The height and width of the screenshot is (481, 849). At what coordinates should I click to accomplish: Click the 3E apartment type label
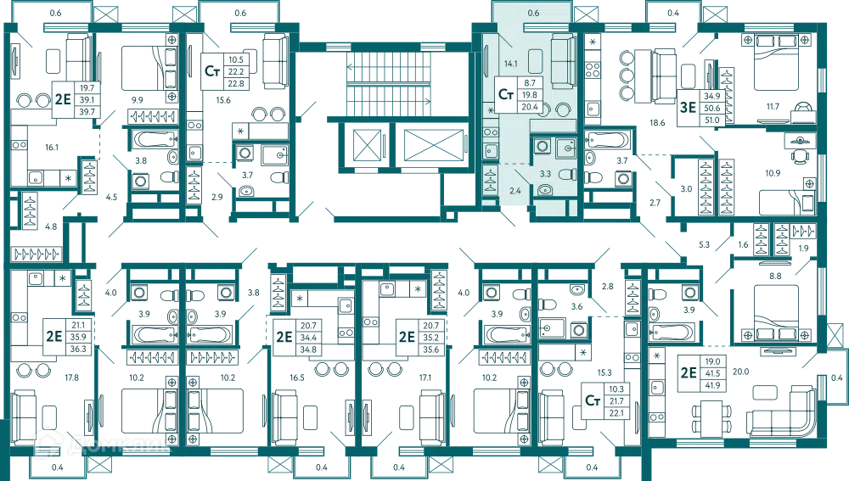(x=688, y=107)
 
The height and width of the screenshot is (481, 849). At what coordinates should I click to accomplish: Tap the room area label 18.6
(x=657, y=123)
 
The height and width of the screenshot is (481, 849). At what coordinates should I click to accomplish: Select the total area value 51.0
(x=712, y=120)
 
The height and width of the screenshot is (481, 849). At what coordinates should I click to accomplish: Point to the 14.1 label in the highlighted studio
(x=510, y=64)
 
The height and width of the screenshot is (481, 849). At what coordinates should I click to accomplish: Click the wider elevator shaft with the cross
(x=434, y=145)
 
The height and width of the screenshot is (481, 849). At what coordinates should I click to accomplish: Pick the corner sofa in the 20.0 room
(x=781, y=411)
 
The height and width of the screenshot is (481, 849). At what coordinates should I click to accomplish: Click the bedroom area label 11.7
(x=773, y=107)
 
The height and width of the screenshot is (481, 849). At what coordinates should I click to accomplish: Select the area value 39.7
(x=87, y=112)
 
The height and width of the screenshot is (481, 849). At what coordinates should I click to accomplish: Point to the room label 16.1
(x=52, y=147)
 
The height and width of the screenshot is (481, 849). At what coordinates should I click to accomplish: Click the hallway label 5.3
(x=704, y=244)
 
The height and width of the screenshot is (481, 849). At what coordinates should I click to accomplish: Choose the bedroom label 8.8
(x=775, y=276)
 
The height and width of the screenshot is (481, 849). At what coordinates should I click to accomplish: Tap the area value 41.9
(x=712, y=385)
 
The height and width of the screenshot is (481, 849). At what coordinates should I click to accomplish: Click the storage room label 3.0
(x=686, y=189)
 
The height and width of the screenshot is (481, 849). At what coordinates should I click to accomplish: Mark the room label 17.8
(x=72, y=378)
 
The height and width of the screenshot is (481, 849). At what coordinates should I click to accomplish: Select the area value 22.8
(x=236, y=83)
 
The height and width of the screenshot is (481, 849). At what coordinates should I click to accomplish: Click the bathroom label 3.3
(x=545, y=174)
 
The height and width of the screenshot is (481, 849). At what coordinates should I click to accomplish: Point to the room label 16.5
(x=297, y=378)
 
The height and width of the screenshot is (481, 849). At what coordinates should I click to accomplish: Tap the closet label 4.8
(x=51, y=227)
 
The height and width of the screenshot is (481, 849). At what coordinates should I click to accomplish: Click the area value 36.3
(x=78, y=349)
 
